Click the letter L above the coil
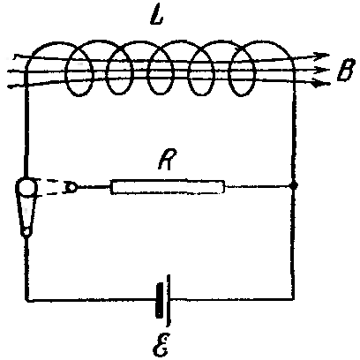click(156, 15)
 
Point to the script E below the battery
click(161, 345)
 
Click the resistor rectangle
click(168, 187)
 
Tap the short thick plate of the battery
click(160, 300)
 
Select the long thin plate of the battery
click(168, 301)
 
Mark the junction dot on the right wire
click(294, 186)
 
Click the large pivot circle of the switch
click(26, 187)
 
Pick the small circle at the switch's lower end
click(26, 232)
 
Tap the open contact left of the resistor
click(71, 187)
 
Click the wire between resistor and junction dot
click(258, 186)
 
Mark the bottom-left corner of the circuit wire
click(28, 299)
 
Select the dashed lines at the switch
click(50, 187)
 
